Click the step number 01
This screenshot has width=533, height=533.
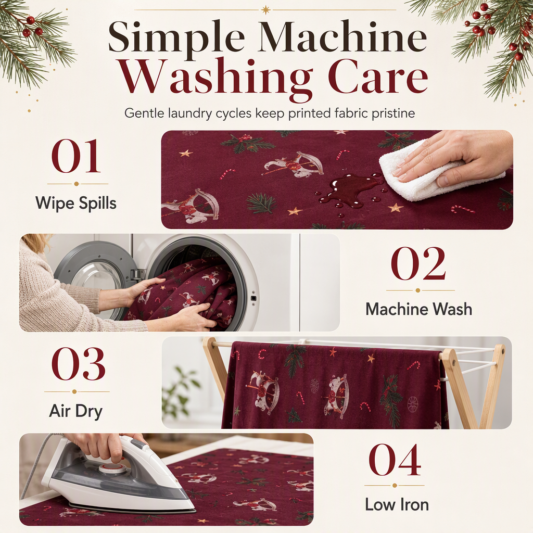pos(76,156)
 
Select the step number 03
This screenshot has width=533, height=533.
pos(78,364)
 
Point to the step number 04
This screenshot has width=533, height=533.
pos(395,460)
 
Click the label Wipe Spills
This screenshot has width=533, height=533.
pos(76,204)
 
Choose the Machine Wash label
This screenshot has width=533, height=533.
pos(419,309)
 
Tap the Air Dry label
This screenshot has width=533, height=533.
pos(76,411)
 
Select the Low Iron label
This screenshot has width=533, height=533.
pos(397,504)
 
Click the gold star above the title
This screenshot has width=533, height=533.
pos(265,10)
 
